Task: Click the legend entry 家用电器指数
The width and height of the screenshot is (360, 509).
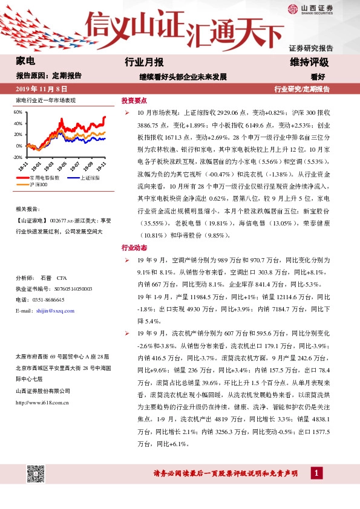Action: pos(45,178)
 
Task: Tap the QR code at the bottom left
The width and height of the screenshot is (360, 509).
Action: pos(37,472)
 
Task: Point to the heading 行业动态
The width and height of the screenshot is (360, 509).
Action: pos(134,248)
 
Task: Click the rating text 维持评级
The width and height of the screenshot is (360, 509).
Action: pos(309,62)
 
